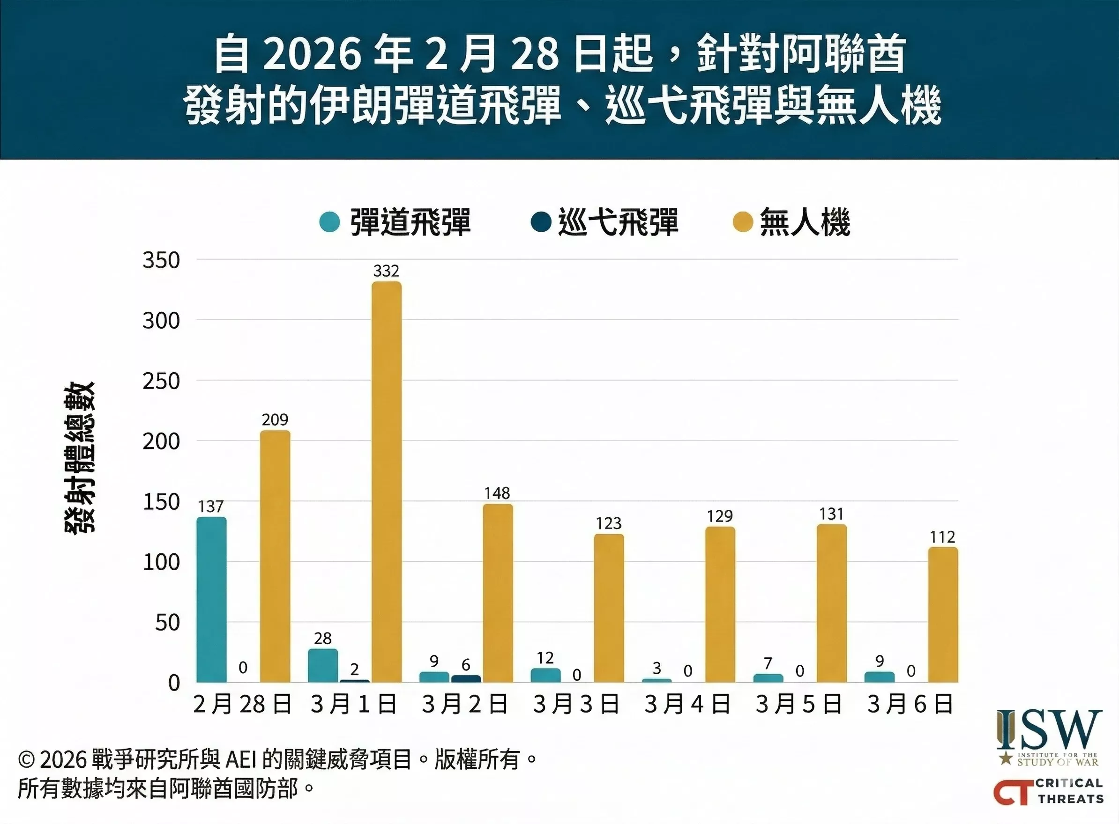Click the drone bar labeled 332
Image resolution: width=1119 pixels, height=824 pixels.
[x=386, y=481]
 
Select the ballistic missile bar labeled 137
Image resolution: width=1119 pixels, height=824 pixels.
[x=211, y=599]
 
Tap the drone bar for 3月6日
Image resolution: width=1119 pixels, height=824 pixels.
[x=943, y=615]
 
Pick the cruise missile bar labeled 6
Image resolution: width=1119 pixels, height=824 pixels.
[x=466, y=679]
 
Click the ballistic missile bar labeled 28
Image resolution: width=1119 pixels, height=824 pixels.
[x=323, y=665]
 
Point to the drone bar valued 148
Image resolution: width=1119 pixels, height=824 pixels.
[x=498, y=593]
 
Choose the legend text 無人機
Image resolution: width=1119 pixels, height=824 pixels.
[x=805, y=222]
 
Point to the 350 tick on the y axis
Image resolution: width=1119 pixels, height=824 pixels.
[x=161, y=260]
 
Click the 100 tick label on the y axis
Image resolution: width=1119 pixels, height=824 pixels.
[x=161, y=563]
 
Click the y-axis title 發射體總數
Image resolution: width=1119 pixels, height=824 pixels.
[x=80, y=458]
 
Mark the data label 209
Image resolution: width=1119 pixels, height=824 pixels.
[x=275, y=420]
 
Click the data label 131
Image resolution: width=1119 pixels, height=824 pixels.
[x=831, y=514]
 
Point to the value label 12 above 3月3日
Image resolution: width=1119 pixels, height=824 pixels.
[x=545, y=658]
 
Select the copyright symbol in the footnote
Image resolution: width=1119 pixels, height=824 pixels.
[x=26, y=760]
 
